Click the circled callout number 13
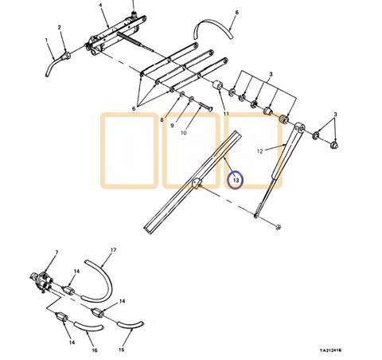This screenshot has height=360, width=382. pyautogui.click(x=236, y=180)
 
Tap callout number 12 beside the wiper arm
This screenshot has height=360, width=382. pyautogui.click(x=260, y=151)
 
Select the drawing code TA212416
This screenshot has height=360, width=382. pyautogui.click(x=330, y=350)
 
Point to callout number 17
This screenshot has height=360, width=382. pyautogui.click(x=113, y=250)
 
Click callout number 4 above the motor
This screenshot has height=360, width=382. pyautogui.click(x=100, y=6)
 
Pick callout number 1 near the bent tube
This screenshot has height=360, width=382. pyautogui.click(x=46, y=40)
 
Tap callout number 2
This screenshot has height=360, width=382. pyautogui.click(x=60, y=27)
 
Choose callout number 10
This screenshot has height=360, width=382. pyautogui.click(x=184, y=132)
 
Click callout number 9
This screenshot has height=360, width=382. pyautogui.click(x=172, y=126)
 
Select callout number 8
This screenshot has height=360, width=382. pyautogui.click(x=162, y=120)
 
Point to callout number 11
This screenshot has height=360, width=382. pyautogui.click(x=226, y=114)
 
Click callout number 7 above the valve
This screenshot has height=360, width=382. pyautogui.click(x=57, y=252)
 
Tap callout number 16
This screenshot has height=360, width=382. pyautogui.click(x=95, y=350)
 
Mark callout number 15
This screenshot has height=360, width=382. pyautogui.click(x=121, y=350)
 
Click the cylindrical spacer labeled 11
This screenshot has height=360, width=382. pyautogui.click(x=218, y=85)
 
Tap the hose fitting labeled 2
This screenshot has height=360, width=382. pyautogui.click(x=66, y=56)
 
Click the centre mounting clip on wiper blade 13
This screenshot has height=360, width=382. pyautogui.click(x=197, y=184)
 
